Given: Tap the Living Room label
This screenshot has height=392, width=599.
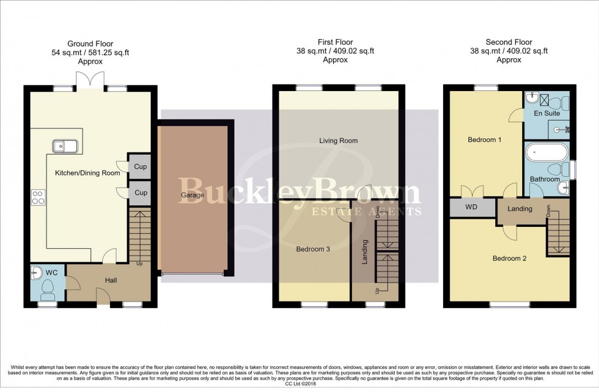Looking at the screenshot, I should pyautogui.click(x=338, y=141).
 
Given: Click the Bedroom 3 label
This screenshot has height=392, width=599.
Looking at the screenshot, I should pyautogui.click(x=314, y=249).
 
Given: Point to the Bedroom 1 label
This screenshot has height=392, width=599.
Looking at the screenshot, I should pyautogui.click(x=485, y=139).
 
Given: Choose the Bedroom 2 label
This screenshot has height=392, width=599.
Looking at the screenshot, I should pyautogui.click(x=510, y=258).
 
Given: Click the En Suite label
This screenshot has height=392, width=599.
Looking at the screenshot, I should pyautogui.click(x=546, y=113).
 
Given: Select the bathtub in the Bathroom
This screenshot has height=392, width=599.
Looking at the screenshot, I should pyautogui.click(x=546, y=151).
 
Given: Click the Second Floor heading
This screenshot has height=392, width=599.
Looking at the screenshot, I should pyautogui.click(x=509, y=42).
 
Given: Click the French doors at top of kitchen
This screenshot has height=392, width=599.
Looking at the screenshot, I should pyautogui.click(x=90, y=81).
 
